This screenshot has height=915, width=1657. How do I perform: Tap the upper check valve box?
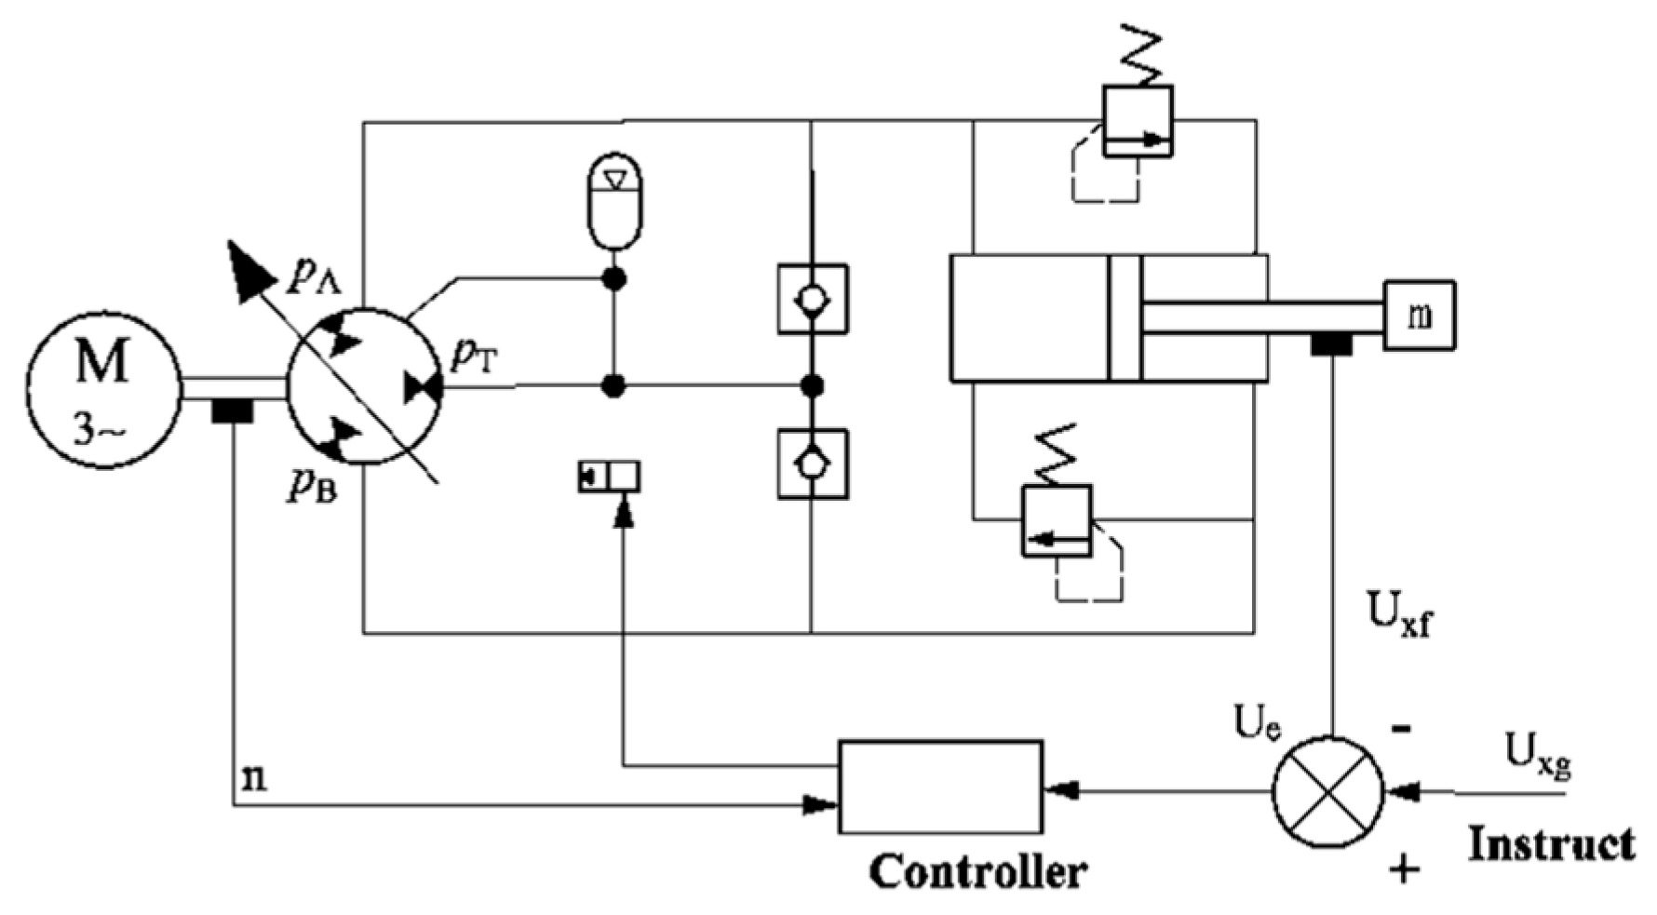click(813, 299)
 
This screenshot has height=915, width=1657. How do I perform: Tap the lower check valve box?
click(813, 463)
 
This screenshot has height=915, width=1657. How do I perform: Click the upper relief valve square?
click(1137, 121)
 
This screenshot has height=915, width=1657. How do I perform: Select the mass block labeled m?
click(1418, 316)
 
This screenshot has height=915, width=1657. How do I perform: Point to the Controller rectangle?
click(940, 787)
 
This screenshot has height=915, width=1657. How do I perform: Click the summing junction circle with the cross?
click(1327, 792)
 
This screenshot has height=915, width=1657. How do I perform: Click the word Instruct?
click(1551, 845)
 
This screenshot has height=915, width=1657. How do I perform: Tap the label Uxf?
click(1398, 613)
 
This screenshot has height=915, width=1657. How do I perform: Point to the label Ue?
click(1257, 725)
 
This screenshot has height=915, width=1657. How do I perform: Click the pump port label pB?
click(312, 484)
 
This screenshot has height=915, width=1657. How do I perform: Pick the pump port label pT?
click(475, 357)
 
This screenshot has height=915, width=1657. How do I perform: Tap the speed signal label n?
click(253, 777)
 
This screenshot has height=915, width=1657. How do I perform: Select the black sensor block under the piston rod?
click(1331, 344)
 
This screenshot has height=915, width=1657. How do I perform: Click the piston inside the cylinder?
click(1125, 317)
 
